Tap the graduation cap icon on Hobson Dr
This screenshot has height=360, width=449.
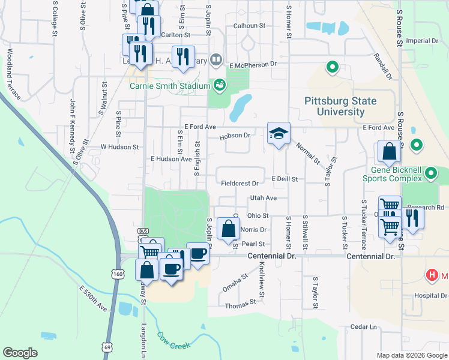tap(278, 133)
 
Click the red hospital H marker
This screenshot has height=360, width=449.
tap(431, 275)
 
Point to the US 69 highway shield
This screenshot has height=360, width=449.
tap(107, 347)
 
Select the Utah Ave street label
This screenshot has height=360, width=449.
tap(264, 197)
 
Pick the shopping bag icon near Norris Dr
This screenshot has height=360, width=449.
tap(228, 229)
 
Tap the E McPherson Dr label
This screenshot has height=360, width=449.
tap(252, 63)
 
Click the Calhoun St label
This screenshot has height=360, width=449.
tap(249, 26)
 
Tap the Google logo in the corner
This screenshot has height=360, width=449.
tap(20, 353)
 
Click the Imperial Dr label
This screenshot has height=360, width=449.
tap(423, 41)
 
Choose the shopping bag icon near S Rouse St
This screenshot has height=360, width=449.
tap(389, 152)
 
